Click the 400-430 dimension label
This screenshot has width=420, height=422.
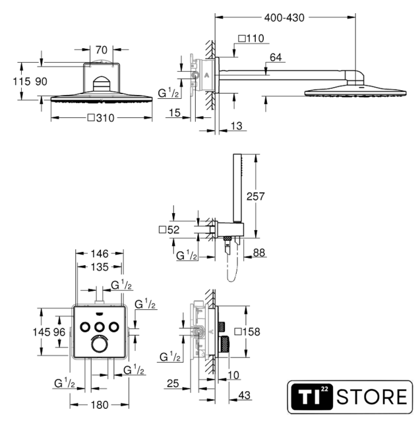tap(284, 18)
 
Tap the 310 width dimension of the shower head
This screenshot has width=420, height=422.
tap(101, 118)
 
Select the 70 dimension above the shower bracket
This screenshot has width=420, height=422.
tap(101, 50)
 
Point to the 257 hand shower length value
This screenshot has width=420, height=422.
tap(255, 196)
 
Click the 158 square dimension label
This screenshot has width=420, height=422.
tap(247, 332)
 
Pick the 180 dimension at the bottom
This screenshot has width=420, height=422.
tap(100, 405)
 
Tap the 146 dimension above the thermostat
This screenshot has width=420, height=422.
tap(100, 253)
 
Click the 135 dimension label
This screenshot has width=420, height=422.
tap(100, 267)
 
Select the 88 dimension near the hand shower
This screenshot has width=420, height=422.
tap(259, 253)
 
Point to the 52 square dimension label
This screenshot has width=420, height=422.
tap(169, 229)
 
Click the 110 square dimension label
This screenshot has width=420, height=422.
tap(251, 38)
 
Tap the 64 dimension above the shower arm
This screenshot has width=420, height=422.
tap(276, 57)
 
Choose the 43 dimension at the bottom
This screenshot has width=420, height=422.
tap(244, 395)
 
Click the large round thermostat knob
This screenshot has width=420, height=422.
tap(100, 344)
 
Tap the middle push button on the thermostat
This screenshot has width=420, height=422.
tap(100, 327)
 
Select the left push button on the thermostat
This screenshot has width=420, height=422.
tap(85, 327)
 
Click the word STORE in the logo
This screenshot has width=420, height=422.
tap(372, 397)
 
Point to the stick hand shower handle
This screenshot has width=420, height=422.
tap(237, 189)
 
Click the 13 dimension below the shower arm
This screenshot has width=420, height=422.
tap(237, 126)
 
